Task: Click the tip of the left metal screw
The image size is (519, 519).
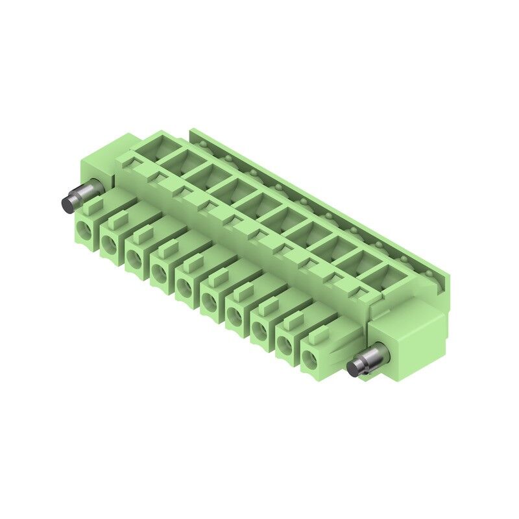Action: [x=67, y=203]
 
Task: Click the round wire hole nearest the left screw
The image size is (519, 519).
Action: [x=84, y=228]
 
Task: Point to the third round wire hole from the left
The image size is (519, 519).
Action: [x=134, y=257]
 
